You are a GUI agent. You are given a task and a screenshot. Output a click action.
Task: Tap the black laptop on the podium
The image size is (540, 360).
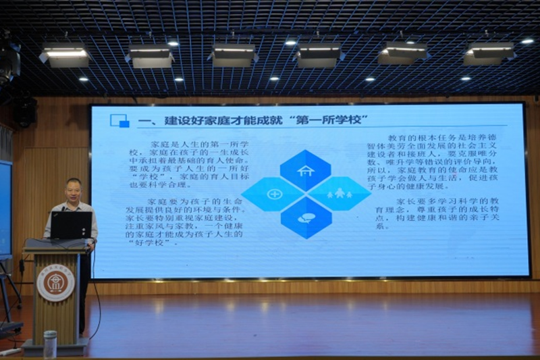(x=71, y=225)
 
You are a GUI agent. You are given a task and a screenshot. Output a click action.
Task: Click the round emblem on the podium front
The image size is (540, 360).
(x=55, y=283)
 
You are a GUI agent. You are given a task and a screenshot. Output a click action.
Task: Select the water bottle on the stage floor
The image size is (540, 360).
(x=50, y=344)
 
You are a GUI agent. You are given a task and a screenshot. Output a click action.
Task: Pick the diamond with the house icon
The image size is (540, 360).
(x=306, y=171)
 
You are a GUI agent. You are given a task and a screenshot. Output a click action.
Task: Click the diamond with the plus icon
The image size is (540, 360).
(x=274, y=195)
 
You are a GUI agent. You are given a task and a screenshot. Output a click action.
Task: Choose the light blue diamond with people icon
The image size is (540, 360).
(x=339, y=194)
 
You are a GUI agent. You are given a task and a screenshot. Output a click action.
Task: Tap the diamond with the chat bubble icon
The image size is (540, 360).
(x=306, y=217)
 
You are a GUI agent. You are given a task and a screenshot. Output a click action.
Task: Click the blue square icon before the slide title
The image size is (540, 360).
(x=119, y=120)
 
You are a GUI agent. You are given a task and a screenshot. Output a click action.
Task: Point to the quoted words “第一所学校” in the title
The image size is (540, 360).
(x=325, y=121)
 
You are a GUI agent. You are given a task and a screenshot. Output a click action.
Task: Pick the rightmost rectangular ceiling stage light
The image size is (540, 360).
(x=489, y=53)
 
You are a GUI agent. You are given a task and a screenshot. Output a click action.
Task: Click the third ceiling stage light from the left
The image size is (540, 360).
(x=233, y=53)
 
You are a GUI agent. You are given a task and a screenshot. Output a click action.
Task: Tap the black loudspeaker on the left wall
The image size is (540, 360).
(x=25, y=111)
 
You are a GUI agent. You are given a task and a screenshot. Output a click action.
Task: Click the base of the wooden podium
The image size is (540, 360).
(x=55, y=346)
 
